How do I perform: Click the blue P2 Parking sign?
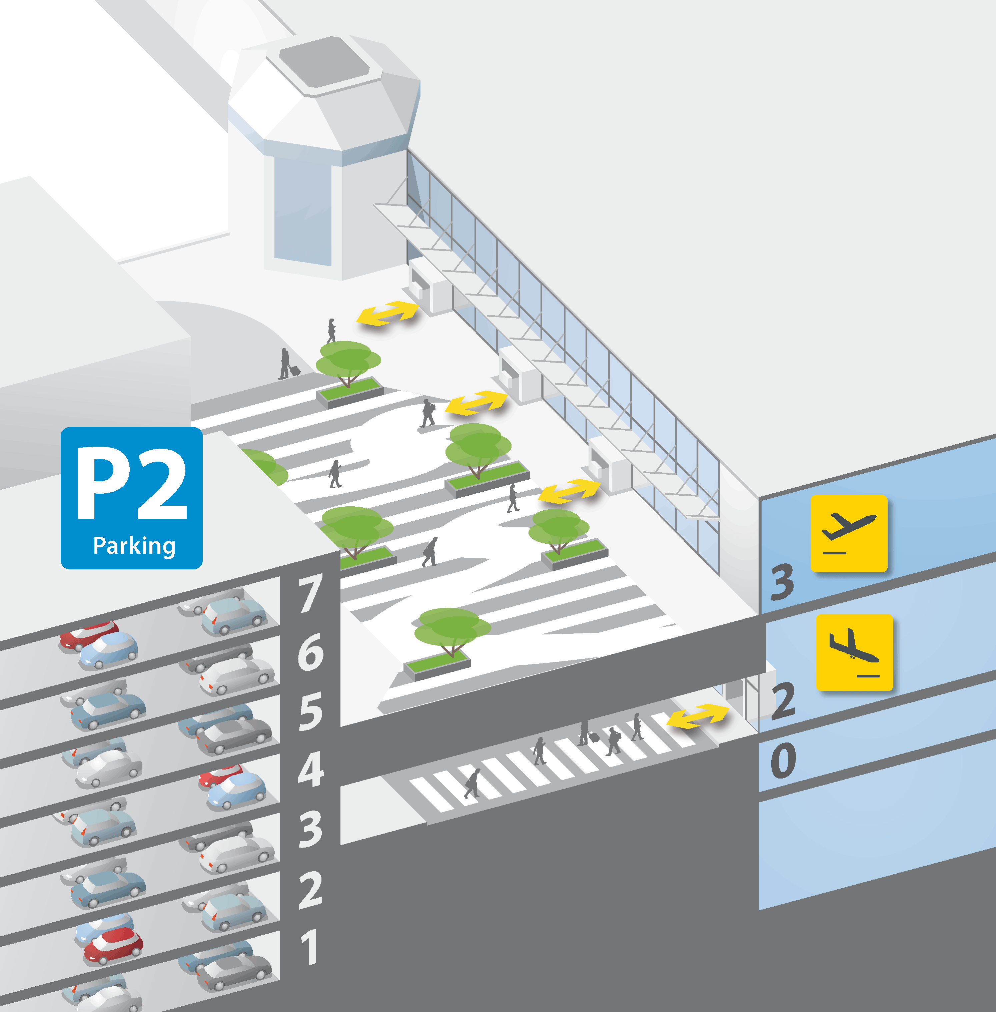(132, 498)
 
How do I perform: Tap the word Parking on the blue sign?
(134, 546)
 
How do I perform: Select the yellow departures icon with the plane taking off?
(849, 533)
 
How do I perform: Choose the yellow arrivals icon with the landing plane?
(854, 652)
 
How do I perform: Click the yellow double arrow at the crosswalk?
(697, 716)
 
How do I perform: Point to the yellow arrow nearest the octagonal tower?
(387, 313)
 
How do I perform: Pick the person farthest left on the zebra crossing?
(472, 783)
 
